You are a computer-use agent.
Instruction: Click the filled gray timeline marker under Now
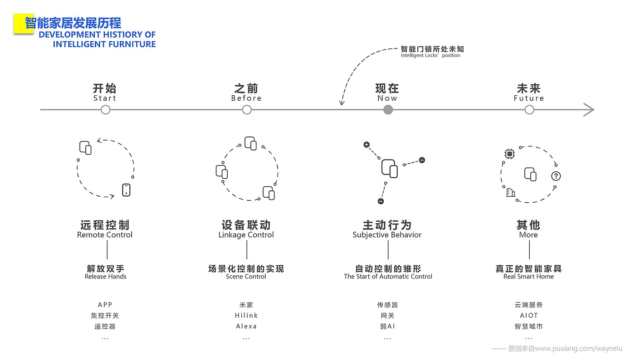click(x=388, y=110)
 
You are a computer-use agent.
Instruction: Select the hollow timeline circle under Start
click(x=106, y=110)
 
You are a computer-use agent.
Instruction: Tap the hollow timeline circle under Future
click(x=529, y=110)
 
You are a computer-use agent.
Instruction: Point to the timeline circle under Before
click(x=247, y=110)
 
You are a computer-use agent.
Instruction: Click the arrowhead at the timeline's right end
click(x=589, y=110)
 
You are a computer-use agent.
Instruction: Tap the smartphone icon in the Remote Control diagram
click(x=126, y=190)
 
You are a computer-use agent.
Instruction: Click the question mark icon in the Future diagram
click(x=556, y=176)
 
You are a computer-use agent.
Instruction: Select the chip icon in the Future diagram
click(x=509, y=154)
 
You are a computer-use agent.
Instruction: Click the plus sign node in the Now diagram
click(x=366, y=145)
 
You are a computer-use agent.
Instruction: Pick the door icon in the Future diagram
click(x=511, y=193)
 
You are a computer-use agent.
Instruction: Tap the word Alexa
click(x=246, y=326)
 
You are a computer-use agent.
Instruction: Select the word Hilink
click(x=246, y=316)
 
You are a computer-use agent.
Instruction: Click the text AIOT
click(x=529, y=316)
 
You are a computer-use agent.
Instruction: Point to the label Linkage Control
click(x=246, y=235)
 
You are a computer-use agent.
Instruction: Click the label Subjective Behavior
click(x=387, y=235)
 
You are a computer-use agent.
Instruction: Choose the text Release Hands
click(x=106, y=277)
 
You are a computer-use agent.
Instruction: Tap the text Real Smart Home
click(x=529, y=277)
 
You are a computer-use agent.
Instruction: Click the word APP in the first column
click(x=105, y=305)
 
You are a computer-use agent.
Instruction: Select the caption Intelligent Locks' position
click(x=430, y=56)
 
